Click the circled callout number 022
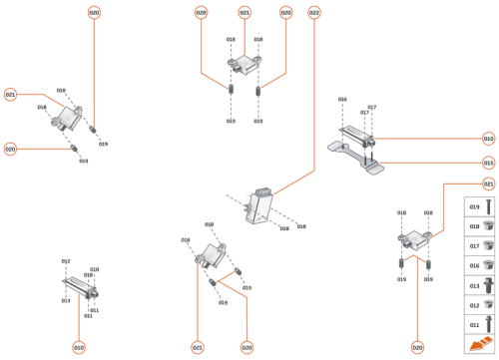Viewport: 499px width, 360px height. click(x=314, y=13)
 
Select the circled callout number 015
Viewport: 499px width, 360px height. click(x=489, y=162)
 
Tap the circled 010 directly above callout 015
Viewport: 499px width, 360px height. click(x=489, y=139)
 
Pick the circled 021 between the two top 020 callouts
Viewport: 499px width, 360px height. click(x=245, y=13)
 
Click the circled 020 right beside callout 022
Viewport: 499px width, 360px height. click(x=286, y=13)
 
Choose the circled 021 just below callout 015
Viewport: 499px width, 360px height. click(x=489, y=184)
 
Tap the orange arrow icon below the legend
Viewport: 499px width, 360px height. click(x=480, y=343)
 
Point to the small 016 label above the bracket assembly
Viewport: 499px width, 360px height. click(x=342, y=99)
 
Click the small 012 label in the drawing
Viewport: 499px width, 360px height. click(x=66, y=261)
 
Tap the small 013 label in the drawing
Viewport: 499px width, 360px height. click(x=65, y=300)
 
